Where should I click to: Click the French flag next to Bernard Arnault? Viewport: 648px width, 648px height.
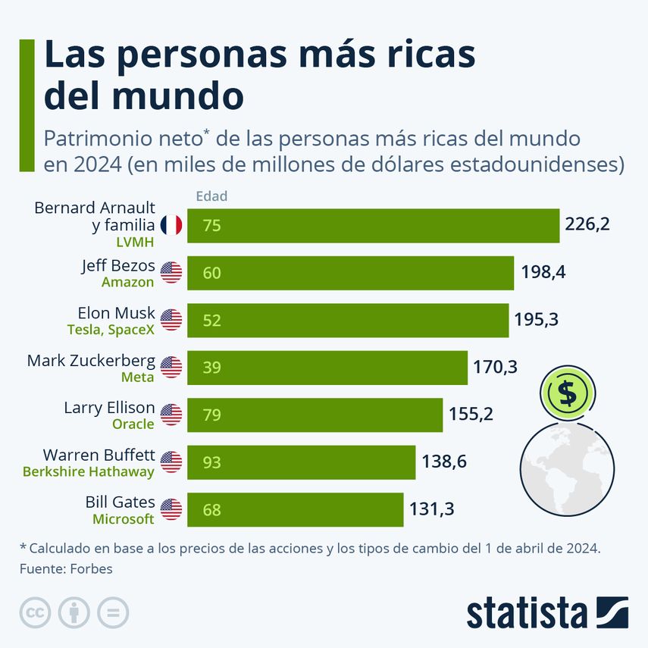(x=171, y=225)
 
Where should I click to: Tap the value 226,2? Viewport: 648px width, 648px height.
(x=587, y=225)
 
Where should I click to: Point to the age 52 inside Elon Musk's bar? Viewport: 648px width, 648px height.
(x=211, y=321)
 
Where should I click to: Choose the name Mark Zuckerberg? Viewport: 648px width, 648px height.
(x=91, y=361)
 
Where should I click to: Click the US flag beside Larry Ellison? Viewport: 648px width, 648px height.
(x=171, y=415)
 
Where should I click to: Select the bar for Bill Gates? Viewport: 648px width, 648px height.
(x=295, y=509)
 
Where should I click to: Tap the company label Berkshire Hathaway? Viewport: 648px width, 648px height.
(x=89, y=471)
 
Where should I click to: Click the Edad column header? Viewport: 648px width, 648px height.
(x=211, y=196)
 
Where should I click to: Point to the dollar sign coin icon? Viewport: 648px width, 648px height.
(x=566, y=393)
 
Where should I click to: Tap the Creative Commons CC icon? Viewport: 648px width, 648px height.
(x=35, y=612)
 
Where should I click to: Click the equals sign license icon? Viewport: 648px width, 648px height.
(x=113, y=612)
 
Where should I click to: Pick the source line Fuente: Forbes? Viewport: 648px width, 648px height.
(x=66, y=568)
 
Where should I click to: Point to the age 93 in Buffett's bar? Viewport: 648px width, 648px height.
(x=211, y=462)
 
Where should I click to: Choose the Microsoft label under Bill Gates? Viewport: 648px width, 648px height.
(x=124, y=519)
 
